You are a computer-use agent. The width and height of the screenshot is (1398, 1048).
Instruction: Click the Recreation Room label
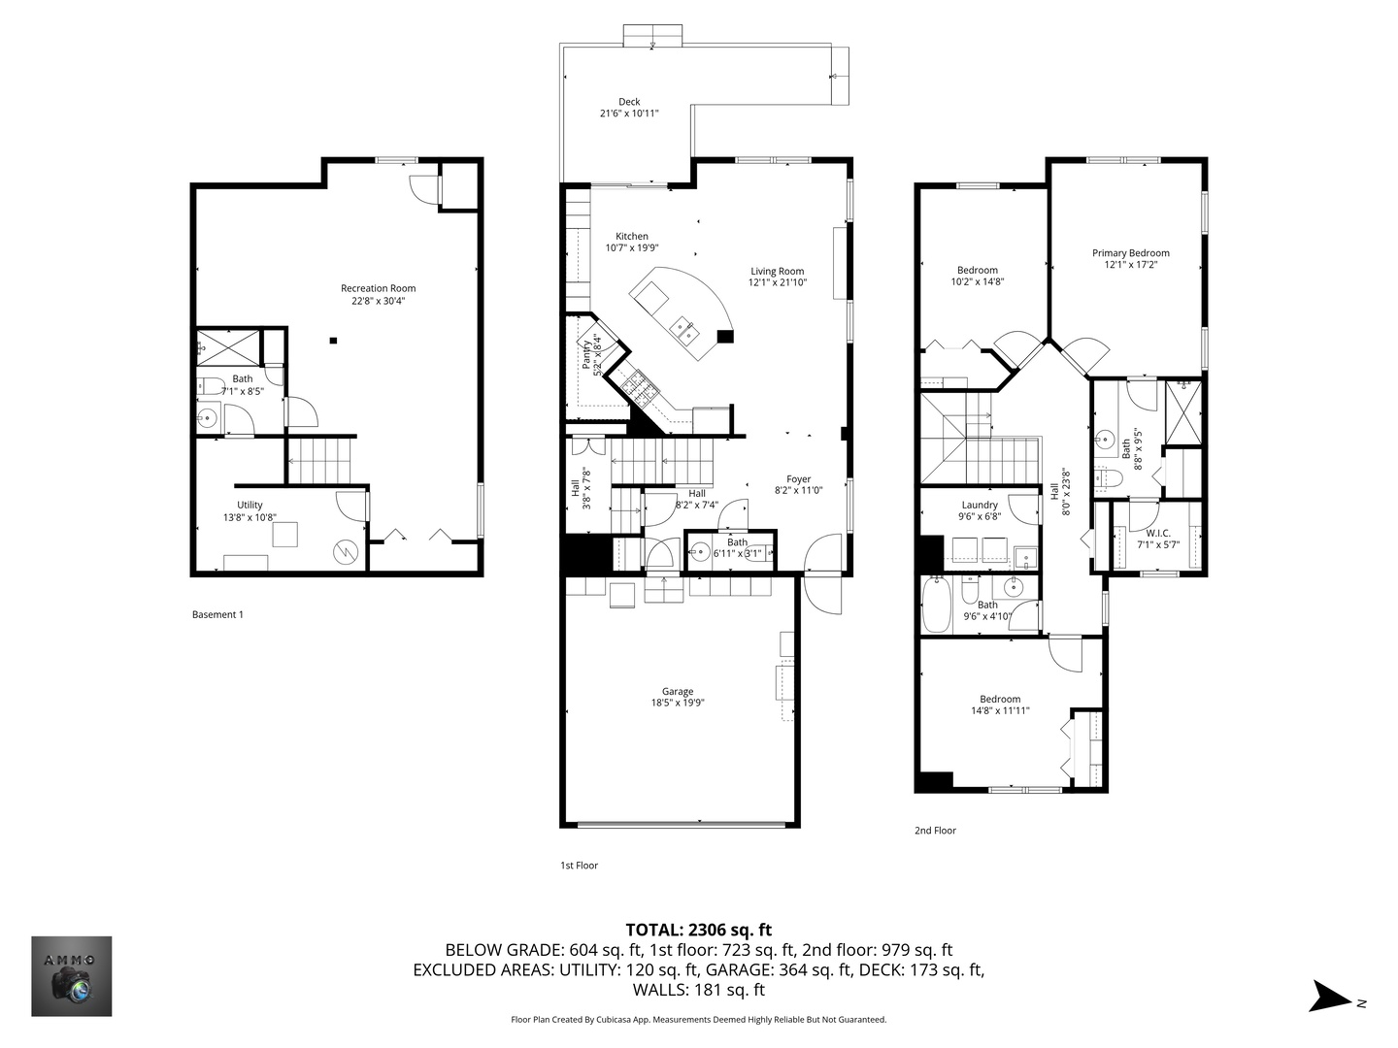(378, 288)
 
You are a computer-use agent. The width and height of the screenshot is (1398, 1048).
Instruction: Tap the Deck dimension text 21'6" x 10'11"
(629, 114)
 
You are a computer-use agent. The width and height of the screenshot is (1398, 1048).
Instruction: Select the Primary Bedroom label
(1130, 252)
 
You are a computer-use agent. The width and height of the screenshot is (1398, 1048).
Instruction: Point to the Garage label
(677, 691)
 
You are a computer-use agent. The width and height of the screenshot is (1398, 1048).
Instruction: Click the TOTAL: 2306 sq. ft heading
(699, 930)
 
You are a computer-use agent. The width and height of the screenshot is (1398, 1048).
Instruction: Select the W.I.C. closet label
(1158, 534)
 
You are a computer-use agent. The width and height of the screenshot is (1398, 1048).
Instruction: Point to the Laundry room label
(980, 505)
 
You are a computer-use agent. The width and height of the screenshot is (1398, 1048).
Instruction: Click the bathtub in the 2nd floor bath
(936, 604)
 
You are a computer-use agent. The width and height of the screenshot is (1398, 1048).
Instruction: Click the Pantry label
(586, 354)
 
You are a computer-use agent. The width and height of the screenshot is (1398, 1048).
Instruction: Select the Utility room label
(250, 505)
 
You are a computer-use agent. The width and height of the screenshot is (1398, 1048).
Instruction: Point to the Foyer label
(798, 479)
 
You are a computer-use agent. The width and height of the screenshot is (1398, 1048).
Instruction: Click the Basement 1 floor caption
(217, 614)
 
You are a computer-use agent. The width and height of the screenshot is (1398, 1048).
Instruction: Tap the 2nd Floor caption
(935, 830)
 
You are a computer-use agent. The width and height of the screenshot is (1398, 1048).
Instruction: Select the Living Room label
(777, 271)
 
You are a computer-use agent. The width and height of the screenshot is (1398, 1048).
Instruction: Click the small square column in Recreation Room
(333, 341)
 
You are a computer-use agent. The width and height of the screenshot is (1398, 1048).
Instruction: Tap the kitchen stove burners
(639, 388)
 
